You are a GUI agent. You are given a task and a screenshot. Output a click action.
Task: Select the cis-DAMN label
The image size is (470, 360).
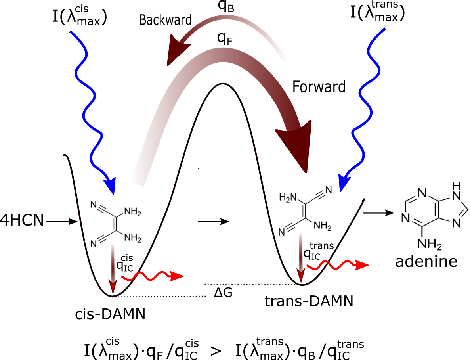point(110,315)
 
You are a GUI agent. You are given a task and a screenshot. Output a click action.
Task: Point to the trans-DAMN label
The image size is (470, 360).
point(309,301)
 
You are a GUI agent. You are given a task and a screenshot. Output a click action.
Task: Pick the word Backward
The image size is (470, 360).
point(165,19)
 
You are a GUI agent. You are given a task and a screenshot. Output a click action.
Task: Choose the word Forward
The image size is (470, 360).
point(319,86)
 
